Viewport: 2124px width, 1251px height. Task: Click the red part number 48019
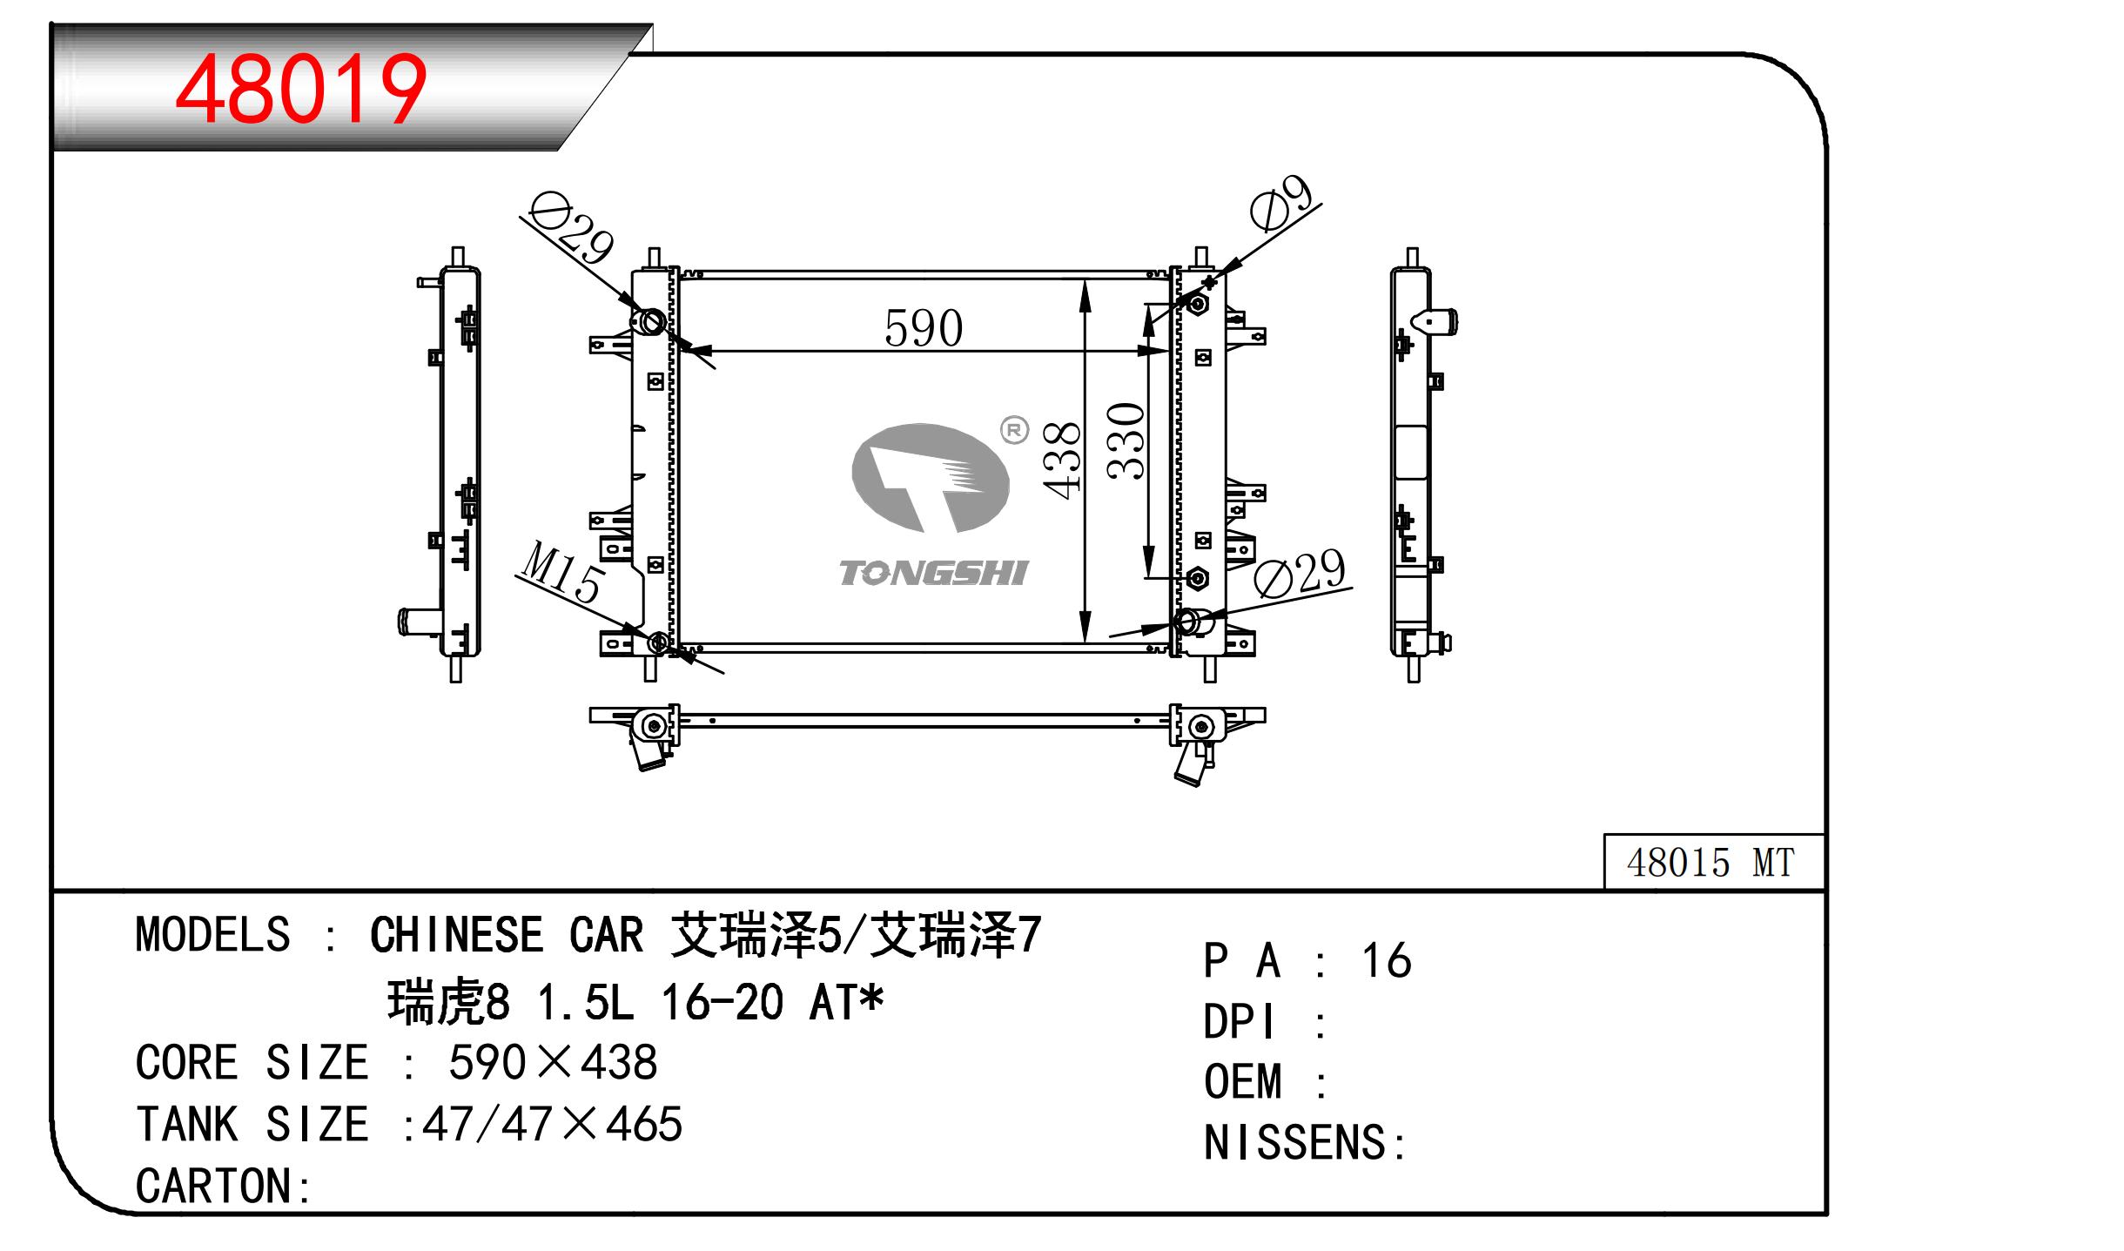pyautogui.click(x=300, y=90)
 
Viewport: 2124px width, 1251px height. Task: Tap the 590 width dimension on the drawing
pyautogui.click(x=923, y=328)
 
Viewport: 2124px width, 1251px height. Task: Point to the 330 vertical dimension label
pyautogui.click(x=1126, y=441)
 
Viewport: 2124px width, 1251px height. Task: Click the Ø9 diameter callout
pyautogui.click(x=1281, y=203)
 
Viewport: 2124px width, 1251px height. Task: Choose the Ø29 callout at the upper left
pyautogui.click(x=571, y=228)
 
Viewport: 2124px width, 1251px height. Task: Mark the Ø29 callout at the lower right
pyautogui.click(x=1301, y=572)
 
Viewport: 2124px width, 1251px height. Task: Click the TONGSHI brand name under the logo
pyautogui.click(x=933, y=573)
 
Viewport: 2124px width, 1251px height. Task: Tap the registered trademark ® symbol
pyautogui.click(x=1015, y=430)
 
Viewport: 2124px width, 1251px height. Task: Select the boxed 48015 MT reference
pyautogui.click(x=1711, y=863)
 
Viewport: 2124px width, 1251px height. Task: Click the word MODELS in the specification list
pyautogui.click(x=212, y=936)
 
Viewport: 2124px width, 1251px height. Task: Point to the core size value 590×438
pyautogui.click(x=553, y=1063)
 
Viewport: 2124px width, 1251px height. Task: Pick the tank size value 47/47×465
pyautogui.click(x=552, y=1125)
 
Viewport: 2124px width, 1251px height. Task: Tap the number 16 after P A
pyautogui.click(x=1386, y=961)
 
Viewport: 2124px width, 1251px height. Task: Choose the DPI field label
pyautogui.click(x=1240, y=1022)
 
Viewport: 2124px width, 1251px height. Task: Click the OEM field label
pyautogui.click(x=1243, y=1083)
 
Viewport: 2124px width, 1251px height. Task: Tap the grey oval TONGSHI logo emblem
pyautogui.click(x=930, y=478)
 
